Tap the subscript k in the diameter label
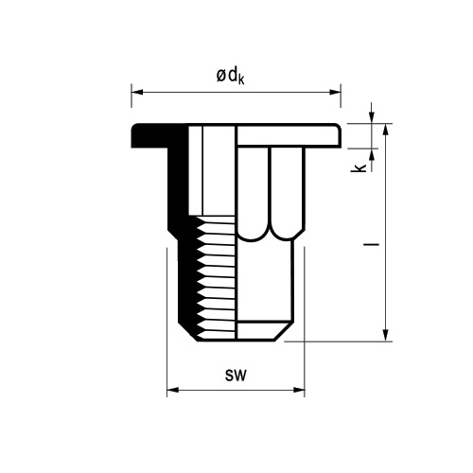tap(241, 79)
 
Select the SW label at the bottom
tap(236, 376)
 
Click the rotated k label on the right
tap(359, 167)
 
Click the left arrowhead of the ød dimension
tap(137, 92)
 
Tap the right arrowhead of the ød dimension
tap(335, 92)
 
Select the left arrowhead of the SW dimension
tap(173, 390)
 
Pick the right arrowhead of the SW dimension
tap(299, 390)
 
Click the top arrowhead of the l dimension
tap(385, 130)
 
